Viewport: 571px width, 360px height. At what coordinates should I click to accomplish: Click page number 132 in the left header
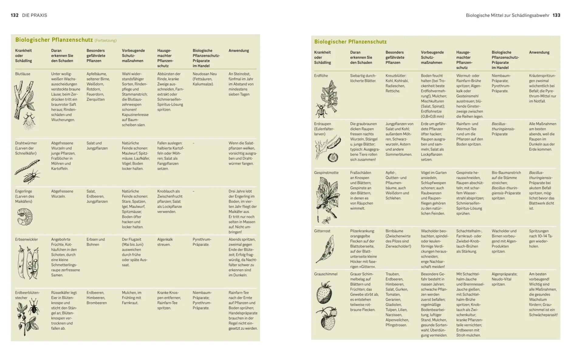[x=15, y=15]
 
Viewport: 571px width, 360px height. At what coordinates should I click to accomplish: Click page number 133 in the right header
[x=556, y=15]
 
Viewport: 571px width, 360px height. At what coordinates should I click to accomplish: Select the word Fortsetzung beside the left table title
[x=105, y=41]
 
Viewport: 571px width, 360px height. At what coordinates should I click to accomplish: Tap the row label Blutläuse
[x=23, y=74]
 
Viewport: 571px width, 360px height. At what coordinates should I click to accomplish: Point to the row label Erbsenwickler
[x=26, y=239]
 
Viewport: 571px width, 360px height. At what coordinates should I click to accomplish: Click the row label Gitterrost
[x=322, y=231]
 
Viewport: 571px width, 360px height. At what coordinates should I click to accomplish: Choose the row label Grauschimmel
[x=326, y=274]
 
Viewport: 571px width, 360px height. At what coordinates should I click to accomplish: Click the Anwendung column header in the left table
[x=238, y=51]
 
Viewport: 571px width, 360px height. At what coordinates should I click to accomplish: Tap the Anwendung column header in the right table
[x=539, y=53]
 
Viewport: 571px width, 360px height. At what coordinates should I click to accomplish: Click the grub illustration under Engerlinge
[x=25, y=216]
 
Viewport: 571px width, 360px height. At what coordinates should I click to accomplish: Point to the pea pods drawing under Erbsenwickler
[x=28, y=263]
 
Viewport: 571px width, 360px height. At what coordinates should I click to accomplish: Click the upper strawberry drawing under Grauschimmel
[x=324, y=292]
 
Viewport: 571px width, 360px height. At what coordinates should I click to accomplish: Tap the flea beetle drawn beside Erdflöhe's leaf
[x=321, y=110]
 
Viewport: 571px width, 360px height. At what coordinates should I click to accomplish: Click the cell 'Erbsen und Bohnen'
[x=96, y=242]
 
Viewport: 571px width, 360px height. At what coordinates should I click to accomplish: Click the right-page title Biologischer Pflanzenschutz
[x=350, y=42]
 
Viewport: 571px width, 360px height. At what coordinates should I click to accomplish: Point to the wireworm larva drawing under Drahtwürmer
[x=27, y=166]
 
